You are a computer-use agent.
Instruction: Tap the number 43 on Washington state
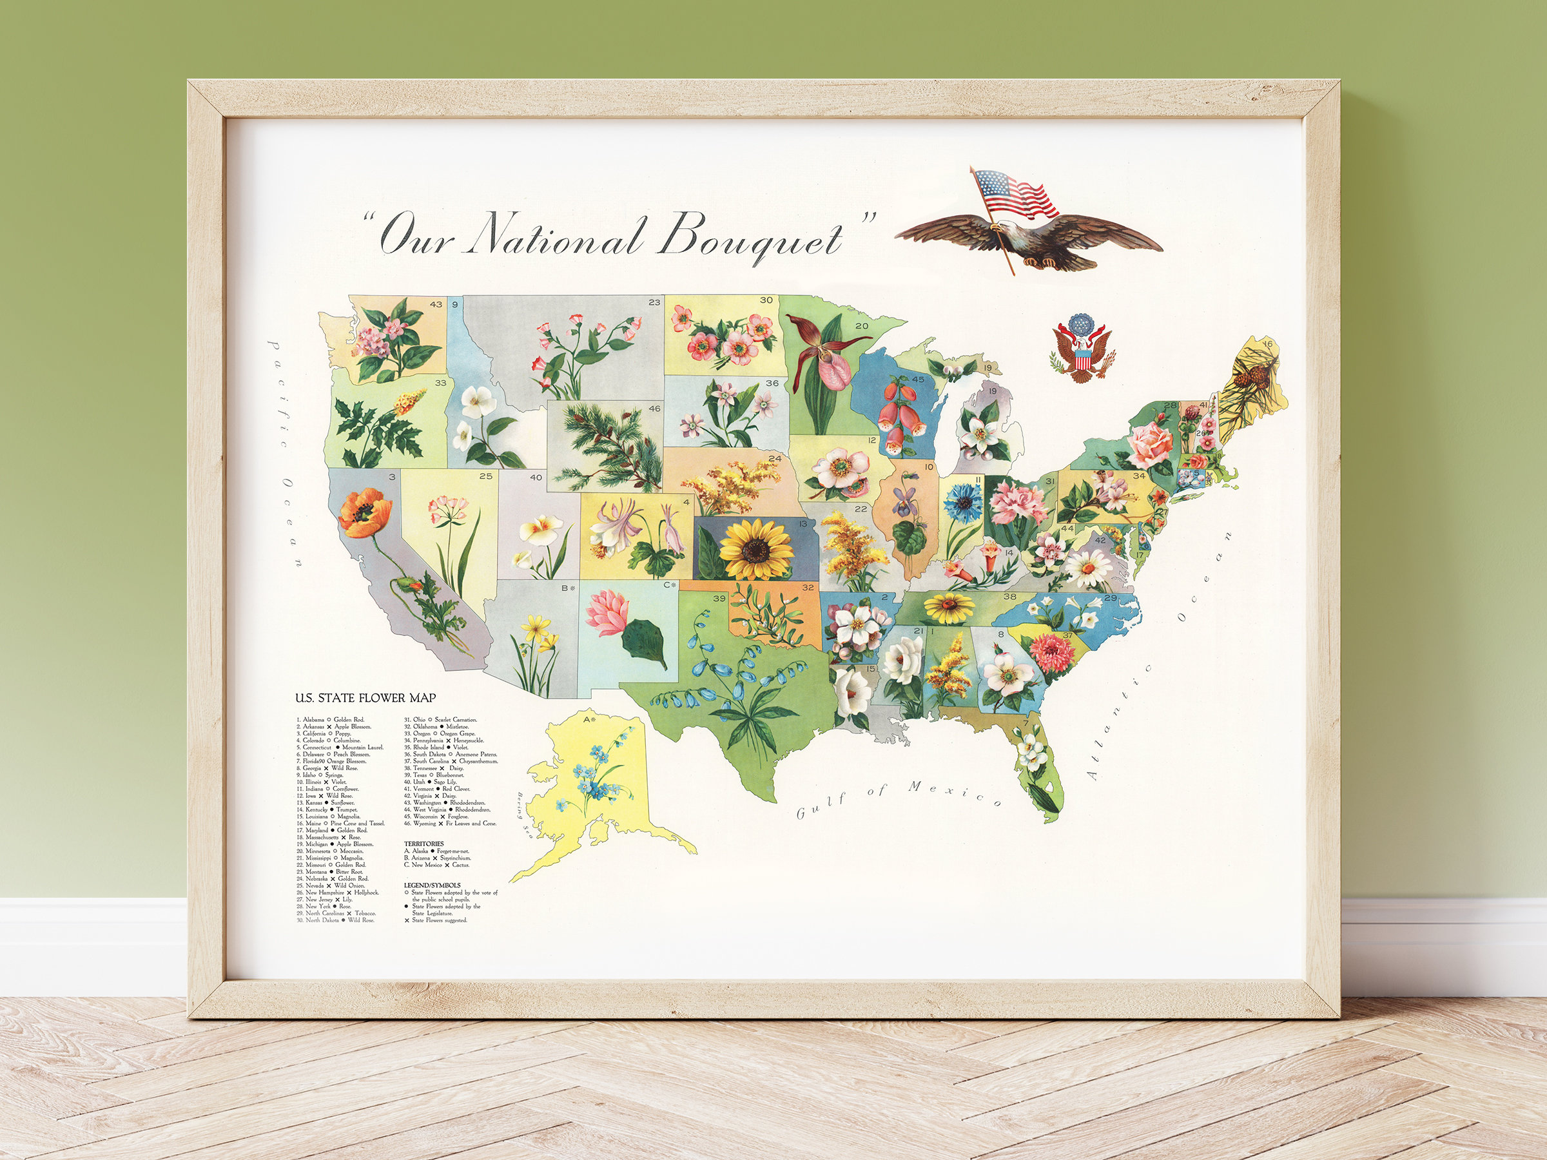(436, 304)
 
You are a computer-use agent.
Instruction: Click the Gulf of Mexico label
(899, 799)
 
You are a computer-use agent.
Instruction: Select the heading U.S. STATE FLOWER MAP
(365, 698)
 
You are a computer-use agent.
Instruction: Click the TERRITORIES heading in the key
(424, 844)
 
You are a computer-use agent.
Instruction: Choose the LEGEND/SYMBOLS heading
(433, 885)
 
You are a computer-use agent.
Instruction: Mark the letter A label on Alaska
(586, 719)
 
